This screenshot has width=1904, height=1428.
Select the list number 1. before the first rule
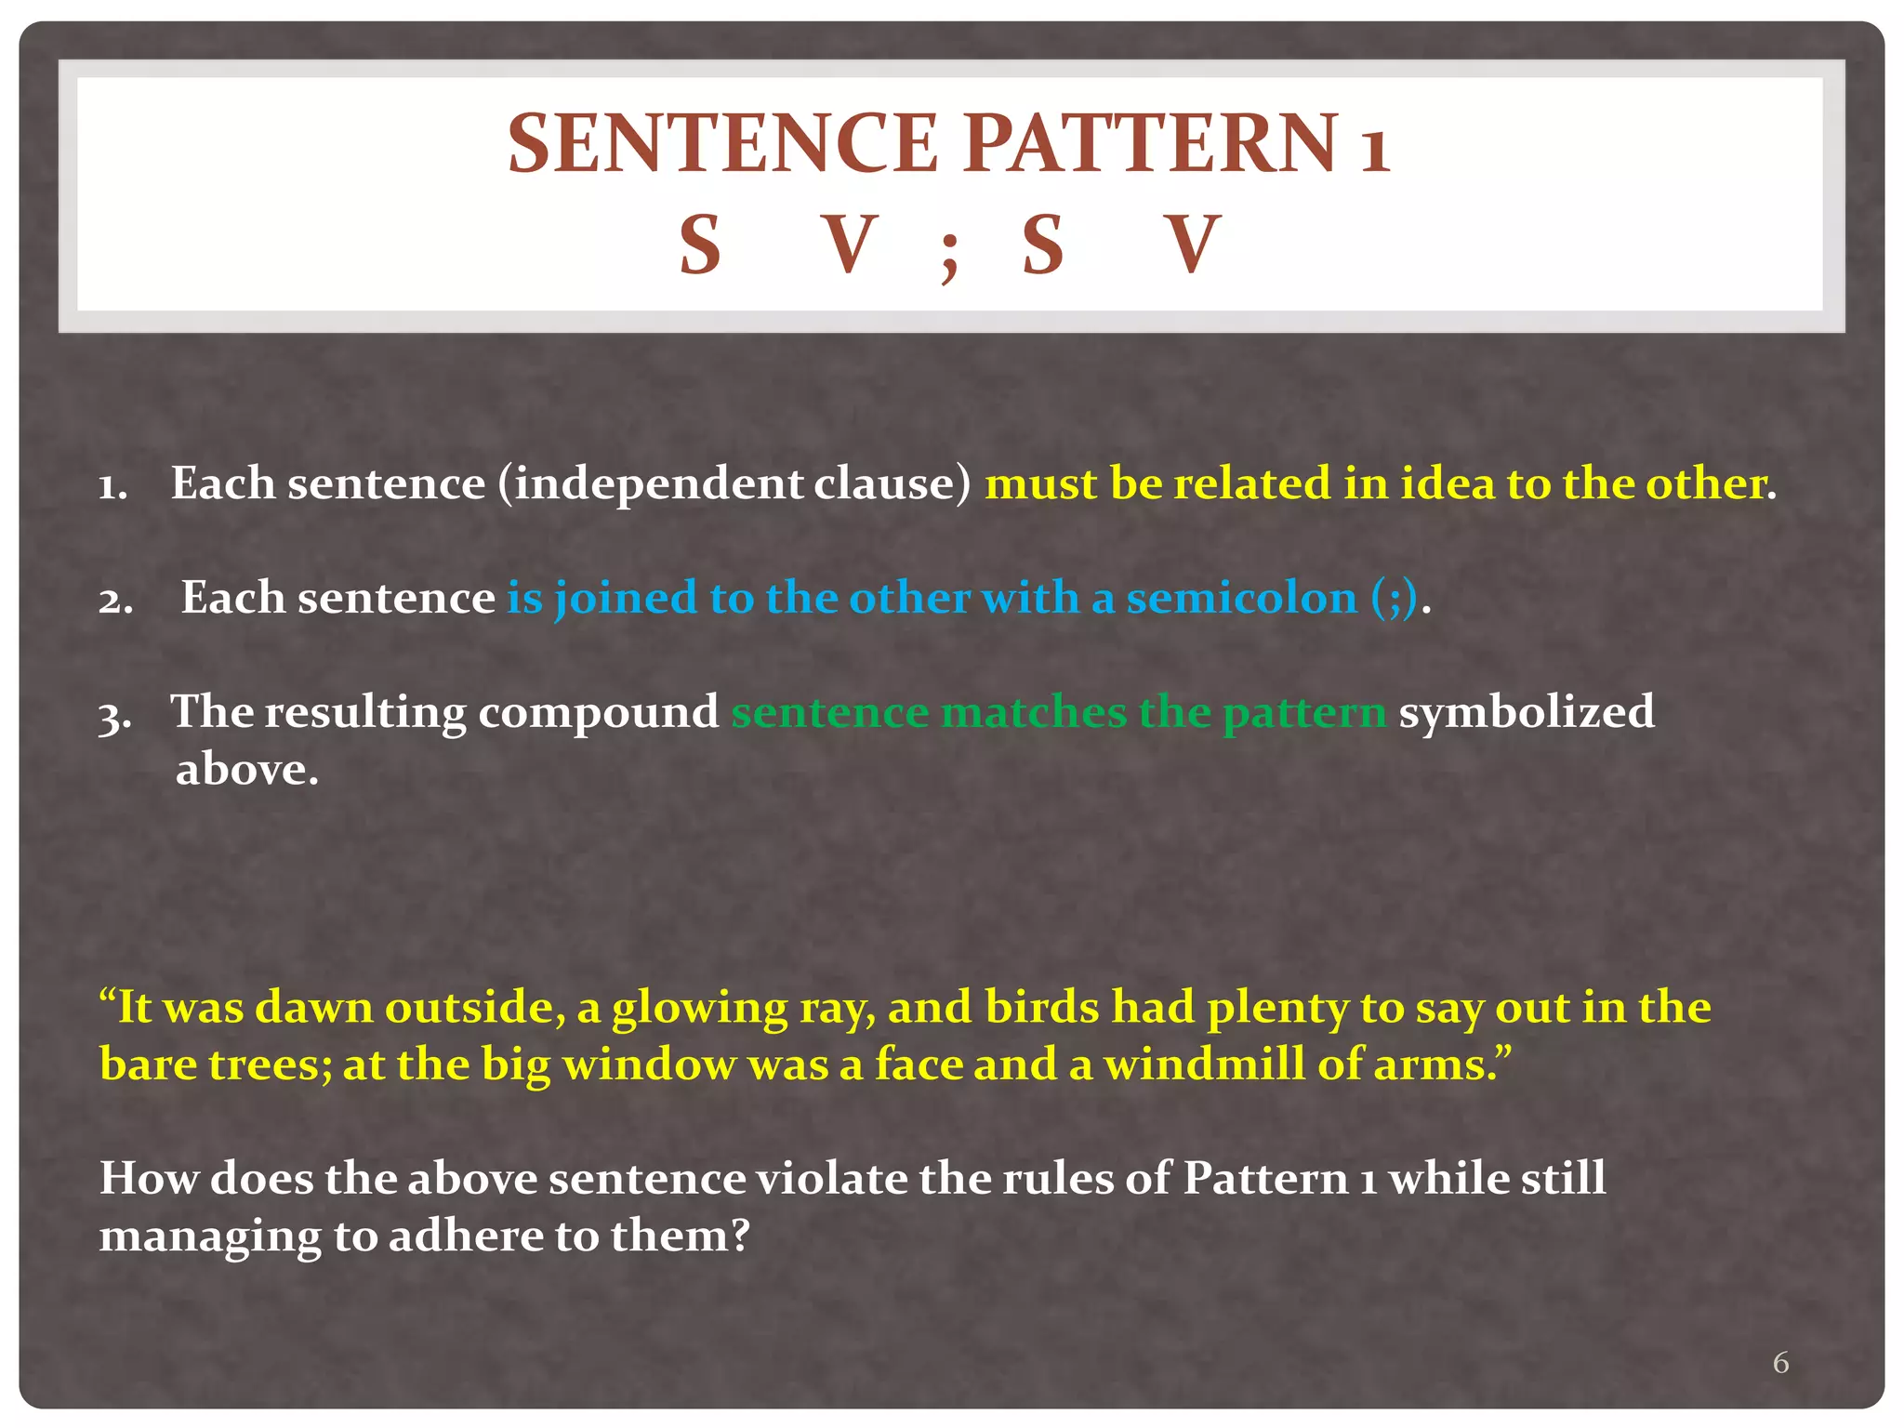point(113,486)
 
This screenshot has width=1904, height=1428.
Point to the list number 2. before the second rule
point(116,601)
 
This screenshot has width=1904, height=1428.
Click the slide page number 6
point(1780,1362)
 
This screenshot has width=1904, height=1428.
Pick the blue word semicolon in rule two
point(1242,598)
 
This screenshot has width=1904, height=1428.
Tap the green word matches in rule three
point(1033,712)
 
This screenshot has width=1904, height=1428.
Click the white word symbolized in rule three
point(1527,712)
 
